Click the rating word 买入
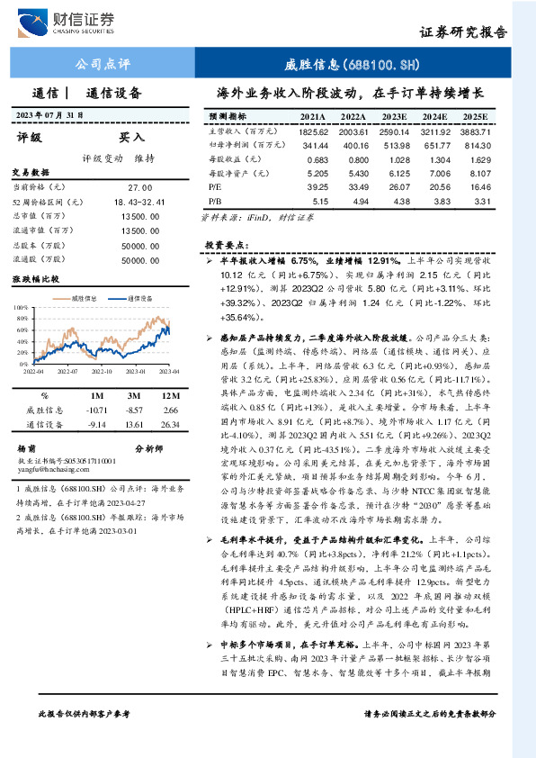point(133,138)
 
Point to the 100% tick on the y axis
point(22,308)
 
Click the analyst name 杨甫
point(27,447)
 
